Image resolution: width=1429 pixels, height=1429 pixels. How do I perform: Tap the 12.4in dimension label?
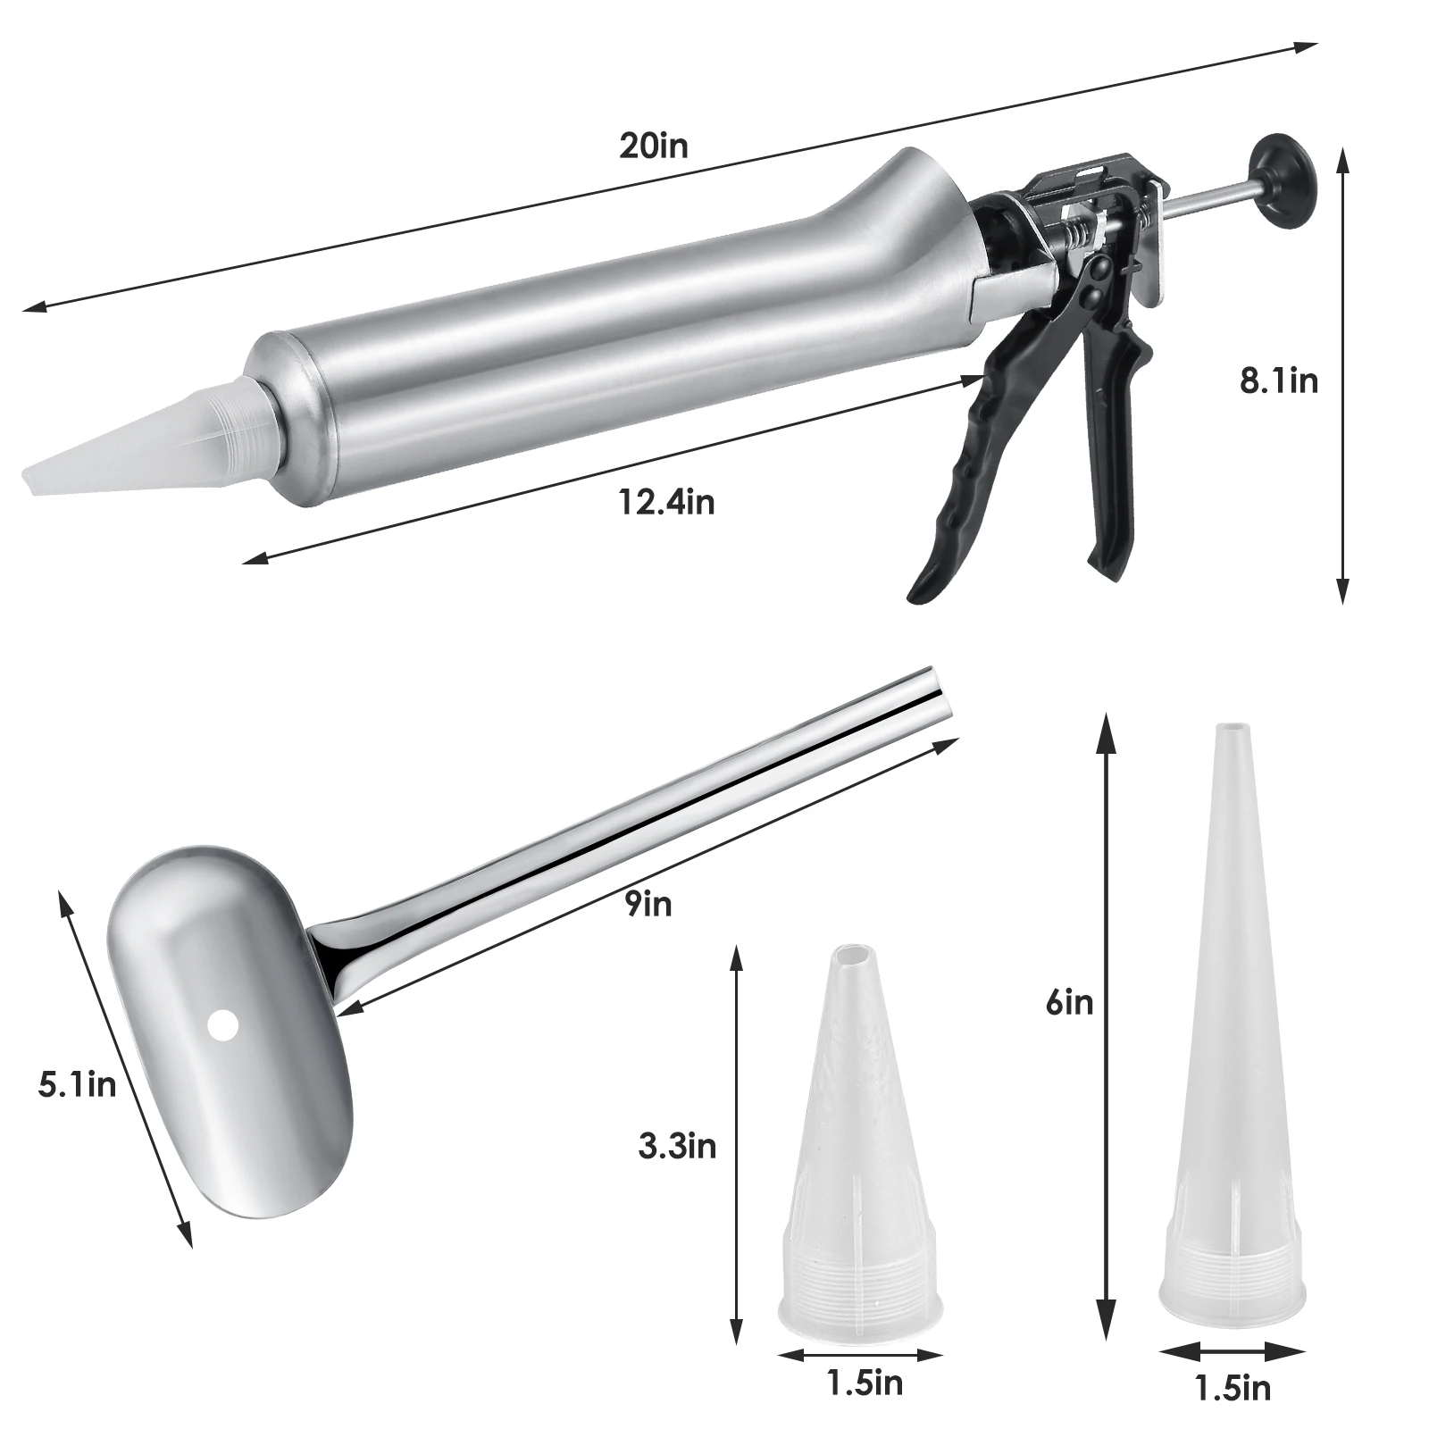click(x=666, y=502)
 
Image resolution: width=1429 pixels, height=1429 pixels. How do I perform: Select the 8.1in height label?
click(x=1278, y=381)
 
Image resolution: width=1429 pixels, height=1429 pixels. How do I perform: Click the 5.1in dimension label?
click(x=77, y=1085)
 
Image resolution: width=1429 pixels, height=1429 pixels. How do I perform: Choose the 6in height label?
click(x=1069, y=1003)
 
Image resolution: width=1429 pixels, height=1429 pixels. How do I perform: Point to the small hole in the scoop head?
click(x=221, y=1025)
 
